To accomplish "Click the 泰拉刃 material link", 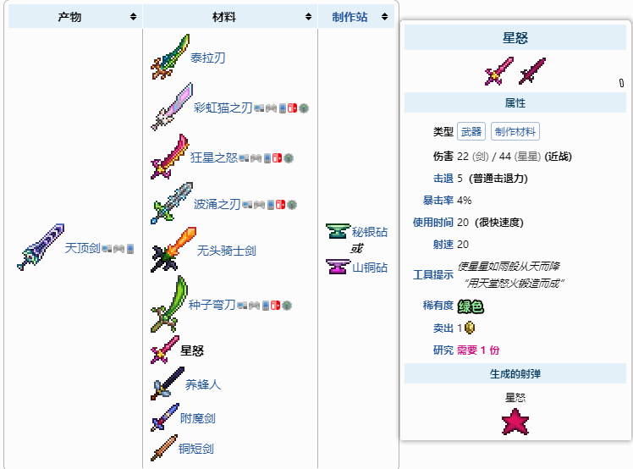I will [207, 58].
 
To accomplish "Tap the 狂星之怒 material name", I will [213, 157].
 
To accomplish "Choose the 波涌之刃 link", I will [217, 204].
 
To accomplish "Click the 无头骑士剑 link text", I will [226, 251].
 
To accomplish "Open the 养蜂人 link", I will [203, 384].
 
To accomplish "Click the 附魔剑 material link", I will [198, 418].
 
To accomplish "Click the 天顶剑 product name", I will [82, 248].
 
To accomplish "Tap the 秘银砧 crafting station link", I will [369, 232].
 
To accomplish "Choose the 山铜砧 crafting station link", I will [369, 268].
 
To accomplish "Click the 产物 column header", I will [69, 17].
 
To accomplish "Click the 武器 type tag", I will [471, 131].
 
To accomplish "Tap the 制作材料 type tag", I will [515, 131].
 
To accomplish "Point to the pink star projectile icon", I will [515, 421].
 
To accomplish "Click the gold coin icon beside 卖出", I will [469, 328].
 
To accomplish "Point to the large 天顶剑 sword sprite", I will [39, 247].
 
